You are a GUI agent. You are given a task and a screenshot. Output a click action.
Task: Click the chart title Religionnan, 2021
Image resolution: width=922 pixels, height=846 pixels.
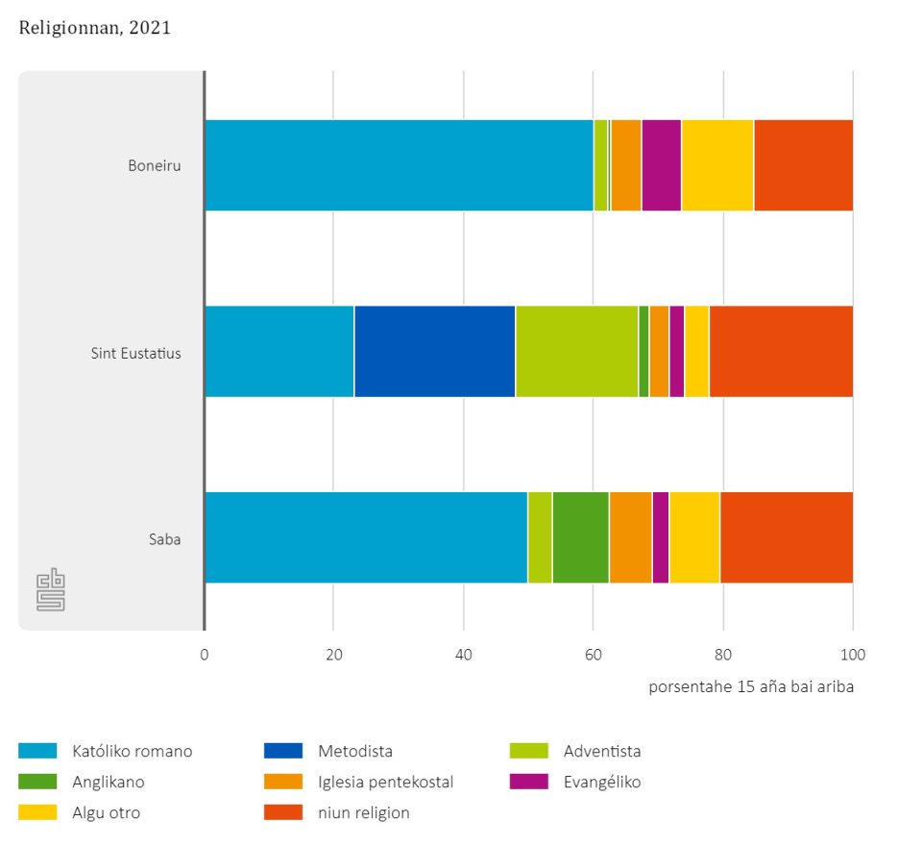pos(94,28)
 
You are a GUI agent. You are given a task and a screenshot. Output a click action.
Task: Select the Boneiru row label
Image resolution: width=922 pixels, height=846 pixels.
pos(155,165)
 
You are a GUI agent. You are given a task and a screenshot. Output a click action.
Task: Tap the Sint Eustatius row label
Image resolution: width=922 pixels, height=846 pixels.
pos(135,352)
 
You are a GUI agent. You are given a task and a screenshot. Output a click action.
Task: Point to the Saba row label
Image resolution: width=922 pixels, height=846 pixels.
pos(166,538)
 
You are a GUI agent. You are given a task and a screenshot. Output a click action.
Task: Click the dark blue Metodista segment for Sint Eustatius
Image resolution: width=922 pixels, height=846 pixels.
pos(434,352)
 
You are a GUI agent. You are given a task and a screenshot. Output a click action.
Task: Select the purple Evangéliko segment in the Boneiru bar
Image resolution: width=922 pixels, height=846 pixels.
pos(661,165)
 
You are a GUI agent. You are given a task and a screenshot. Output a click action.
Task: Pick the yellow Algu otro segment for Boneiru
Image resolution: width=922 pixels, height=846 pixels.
pos(717,165)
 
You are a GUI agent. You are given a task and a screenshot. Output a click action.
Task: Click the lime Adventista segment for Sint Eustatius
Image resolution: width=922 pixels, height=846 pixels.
pos(576,352)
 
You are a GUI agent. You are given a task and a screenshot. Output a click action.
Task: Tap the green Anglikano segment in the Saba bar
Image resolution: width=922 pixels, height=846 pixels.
pos(580,538)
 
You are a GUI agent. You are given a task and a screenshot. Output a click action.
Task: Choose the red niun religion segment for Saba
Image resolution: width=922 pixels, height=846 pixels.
pos(786,538)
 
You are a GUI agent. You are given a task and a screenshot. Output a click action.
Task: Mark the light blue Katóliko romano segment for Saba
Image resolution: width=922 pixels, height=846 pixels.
pos(366,538)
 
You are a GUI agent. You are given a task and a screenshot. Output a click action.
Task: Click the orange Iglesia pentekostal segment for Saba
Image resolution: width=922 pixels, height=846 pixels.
pos(630,538)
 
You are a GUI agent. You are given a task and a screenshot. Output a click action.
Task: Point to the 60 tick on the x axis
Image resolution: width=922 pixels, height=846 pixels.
pos(593,656)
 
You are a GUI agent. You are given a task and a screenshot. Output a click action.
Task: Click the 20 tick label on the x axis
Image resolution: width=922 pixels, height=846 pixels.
pos(333,656)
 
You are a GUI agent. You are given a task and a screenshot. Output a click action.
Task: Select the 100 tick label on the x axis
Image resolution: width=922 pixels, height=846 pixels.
pos(853,656)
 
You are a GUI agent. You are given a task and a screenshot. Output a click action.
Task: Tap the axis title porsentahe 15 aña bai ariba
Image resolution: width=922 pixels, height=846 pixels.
pos(750,686)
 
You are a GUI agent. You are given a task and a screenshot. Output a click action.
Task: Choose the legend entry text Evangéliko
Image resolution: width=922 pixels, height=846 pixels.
pos(602,782)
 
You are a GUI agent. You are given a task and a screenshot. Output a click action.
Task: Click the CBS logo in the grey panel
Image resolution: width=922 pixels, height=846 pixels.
pos(50,591)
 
